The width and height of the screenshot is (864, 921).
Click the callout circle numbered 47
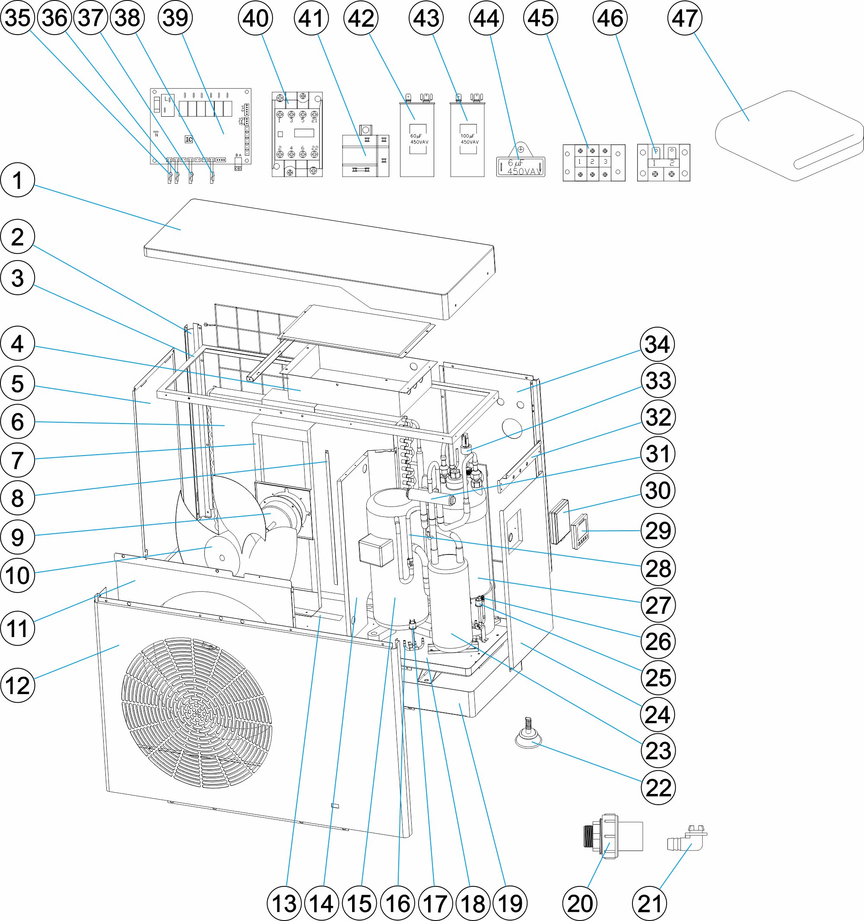(x=684, y=18)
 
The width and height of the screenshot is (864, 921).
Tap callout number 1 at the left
(x=18, y=180)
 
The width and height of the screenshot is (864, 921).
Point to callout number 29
(x=658, y=530)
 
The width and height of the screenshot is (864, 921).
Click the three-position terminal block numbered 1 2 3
(x=594, y=162)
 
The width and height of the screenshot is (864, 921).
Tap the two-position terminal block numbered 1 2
(x=664, y=162)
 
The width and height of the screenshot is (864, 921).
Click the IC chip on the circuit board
(x=188, y=140)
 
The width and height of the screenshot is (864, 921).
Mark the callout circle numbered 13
(x=284, y=903)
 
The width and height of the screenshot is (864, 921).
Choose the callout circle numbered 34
(x=657, y=345)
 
